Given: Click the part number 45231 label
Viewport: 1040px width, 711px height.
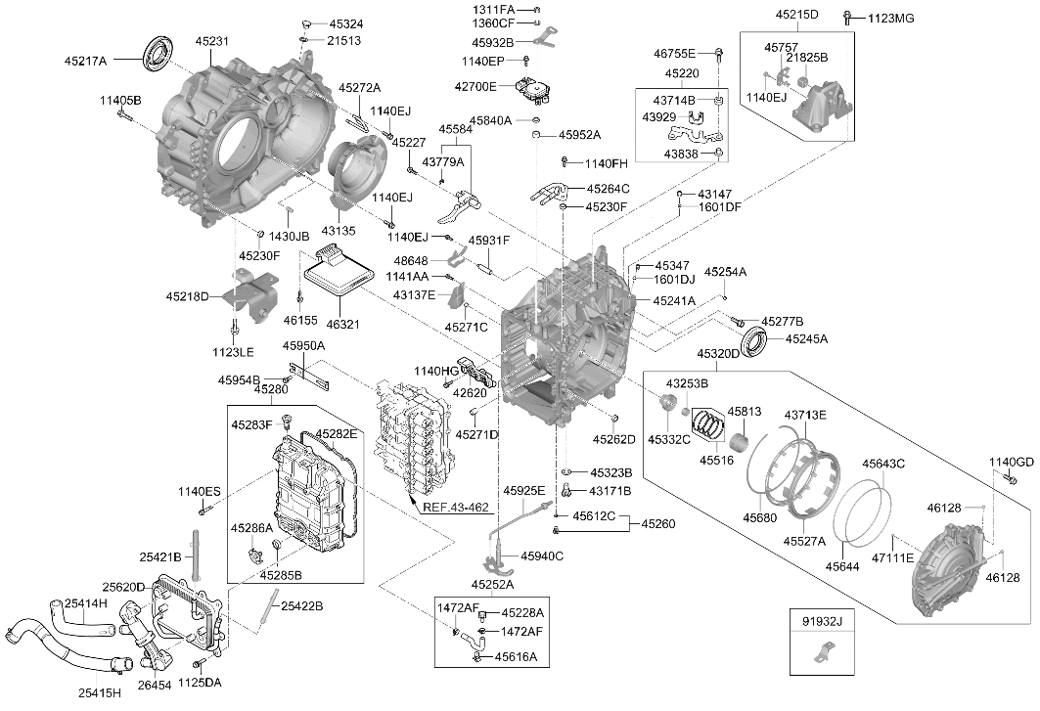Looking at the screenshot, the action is (211, 41).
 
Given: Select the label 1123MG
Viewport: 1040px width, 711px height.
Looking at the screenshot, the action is (890, 19).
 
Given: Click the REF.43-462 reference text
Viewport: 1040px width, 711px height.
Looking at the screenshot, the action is (456, 508).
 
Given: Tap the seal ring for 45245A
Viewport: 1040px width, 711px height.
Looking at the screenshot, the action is (753, 340).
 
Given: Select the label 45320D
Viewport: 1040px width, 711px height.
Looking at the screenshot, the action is (718, 354).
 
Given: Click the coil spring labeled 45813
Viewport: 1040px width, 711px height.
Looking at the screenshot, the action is (739, 440).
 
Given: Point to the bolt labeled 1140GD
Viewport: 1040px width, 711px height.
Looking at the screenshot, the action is (1010, 477).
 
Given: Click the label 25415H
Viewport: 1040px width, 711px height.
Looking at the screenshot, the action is (100, 693).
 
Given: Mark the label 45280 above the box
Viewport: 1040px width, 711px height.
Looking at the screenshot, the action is (271, 388).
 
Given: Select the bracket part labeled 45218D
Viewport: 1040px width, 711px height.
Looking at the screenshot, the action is (250, 294).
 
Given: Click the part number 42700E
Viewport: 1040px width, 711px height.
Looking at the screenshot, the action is (475, 86).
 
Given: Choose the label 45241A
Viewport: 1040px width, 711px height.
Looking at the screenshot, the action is (674, 300).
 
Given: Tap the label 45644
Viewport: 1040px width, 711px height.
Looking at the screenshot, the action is (842, 566).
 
